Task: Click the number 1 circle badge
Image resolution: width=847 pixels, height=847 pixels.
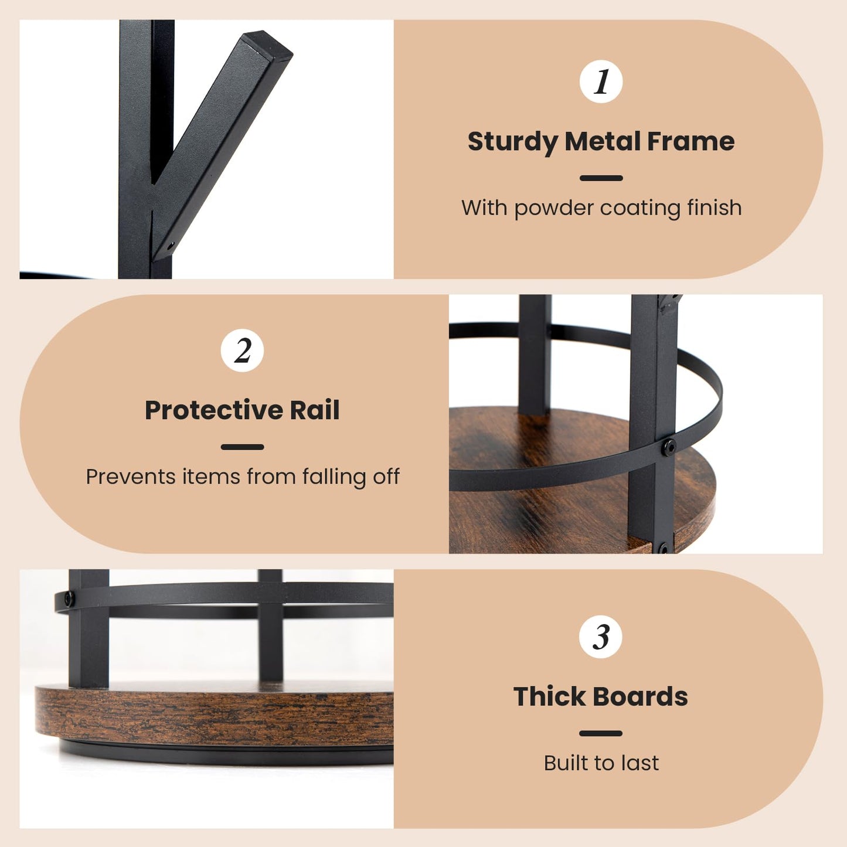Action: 601,81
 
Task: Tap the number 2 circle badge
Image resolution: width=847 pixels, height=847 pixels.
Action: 242,351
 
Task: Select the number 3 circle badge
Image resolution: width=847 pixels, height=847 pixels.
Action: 601,637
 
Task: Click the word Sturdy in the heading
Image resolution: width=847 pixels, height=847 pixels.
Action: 512,142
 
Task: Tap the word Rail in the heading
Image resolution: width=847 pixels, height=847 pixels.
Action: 315,410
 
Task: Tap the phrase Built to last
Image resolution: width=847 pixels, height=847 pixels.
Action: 601,763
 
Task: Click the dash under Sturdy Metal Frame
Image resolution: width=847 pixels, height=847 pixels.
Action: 601,178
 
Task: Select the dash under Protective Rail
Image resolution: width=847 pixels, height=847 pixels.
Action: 242,447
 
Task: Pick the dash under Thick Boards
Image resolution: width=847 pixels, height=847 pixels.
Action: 601,733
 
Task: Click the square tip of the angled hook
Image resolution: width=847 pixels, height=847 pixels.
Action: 267,45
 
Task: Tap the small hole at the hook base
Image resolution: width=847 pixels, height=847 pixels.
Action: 171,244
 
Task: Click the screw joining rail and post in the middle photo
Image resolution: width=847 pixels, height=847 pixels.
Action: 669,447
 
